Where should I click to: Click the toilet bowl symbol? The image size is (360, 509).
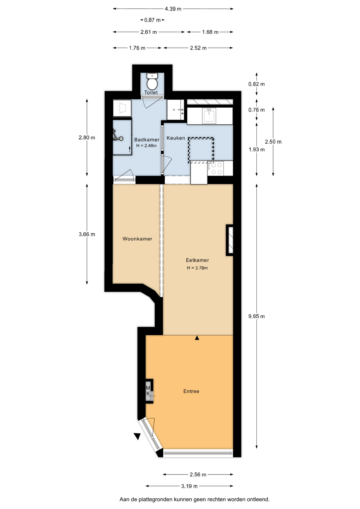point(152,82)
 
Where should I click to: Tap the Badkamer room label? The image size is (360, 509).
point(147,140)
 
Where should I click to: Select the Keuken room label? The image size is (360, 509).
point(176,138)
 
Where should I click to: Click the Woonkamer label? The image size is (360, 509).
point(137,239)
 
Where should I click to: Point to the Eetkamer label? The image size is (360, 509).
point(197,260)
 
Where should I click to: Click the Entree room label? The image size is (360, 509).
point(191,391)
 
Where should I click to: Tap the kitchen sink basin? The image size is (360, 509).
point(209,116)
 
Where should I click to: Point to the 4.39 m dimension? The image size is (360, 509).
point(173,9)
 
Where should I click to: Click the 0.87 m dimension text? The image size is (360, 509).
point(152,20)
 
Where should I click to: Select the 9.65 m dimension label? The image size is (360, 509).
point(256,316)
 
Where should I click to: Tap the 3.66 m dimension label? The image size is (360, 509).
point(87,234)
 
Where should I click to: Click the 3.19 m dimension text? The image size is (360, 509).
point(189,486)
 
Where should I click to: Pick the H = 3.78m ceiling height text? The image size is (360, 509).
point(197,268)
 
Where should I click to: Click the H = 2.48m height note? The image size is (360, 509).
point(146,146)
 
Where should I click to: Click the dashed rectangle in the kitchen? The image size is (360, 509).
point(201,150)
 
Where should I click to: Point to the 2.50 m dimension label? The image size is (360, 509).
point(273,142)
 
